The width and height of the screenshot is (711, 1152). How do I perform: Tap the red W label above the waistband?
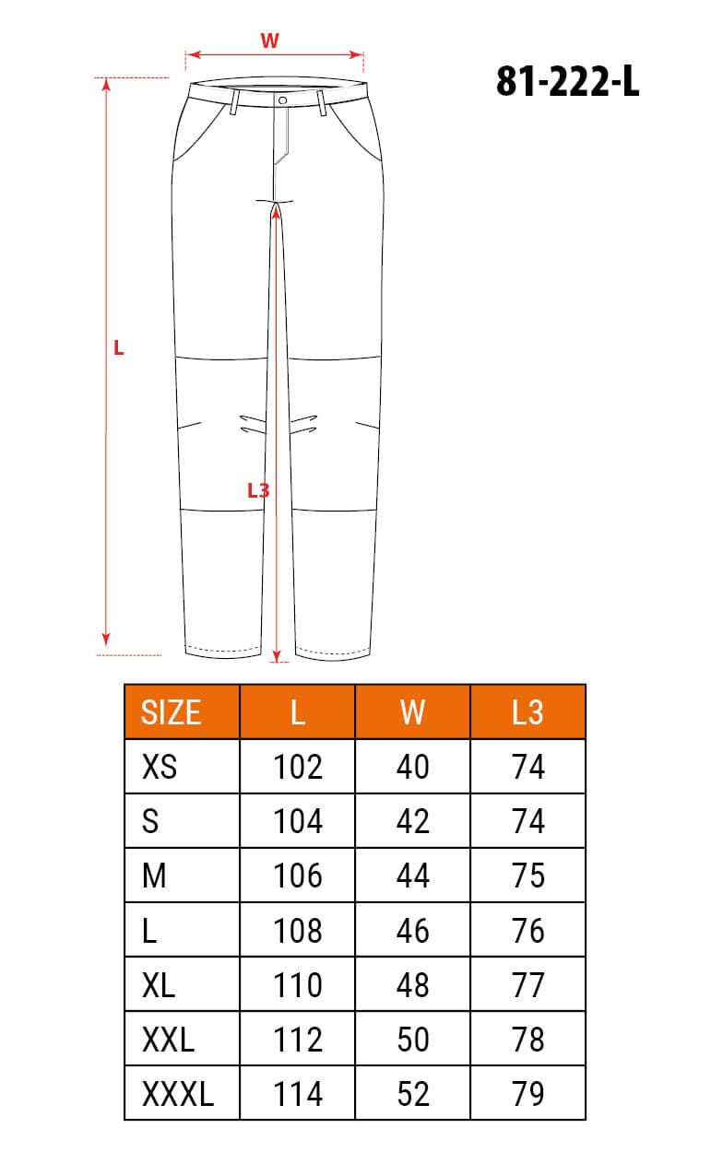[x=269, y=41]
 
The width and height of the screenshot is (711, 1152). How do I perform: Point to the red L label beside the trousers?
[x=118, y=348]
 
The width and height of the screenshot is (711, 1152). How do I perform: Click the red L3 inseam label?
[x=258, y=491]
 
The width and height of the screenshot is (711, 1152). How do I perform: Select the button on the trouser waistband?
[x=282, y=100]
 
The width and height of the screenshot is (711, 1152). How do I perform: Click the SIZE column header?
[x=171, y=712]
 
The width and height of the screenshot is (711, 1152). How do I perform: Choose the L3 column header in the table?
[x=527, y=712]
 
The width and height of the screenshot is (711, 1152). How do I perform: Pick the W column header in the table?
[x=412, y=712]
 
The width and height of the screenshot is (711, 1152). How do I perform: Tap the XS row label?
[x=160, y=767]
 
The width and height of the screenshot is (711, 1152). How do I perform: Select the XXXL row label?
[x=178, y=1094]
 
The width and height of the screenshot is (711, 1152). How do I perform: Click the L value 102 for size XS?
[x=298, y=767]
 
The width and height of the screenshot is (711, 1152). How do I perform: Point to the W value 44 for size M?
[x=412, y=876]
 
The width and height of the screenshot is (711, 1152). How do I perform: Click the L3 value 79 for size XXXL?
[x=527, y=1094]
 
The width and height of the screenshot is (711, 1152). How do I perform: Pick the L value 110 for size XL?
[x=298, y=985]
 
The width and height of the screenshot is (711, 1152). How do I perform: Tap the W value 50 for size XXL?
[x=412, y=1040]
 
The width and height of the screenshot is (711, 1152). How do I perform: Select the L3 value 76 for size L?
[x=527, y=931]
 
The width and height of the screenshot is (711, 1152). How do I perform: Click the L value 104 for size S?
[x=298, y=821]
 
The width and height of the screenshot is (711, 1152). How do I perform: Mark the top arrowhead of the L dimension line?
[x=107, y=85]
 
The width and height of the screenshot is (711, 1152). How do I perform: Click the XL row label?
[x=159, y=985]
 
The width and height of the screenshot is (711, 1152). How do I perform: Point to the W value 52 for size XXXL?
[x=412, y=1094]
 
